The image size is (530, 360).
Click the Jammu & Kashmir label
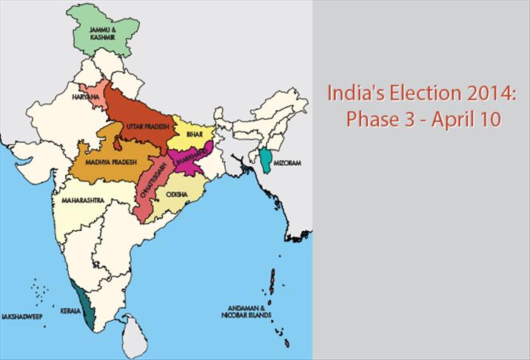click(x=101, y=33)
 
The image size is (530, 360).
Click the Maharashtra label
click(x=82, y=200)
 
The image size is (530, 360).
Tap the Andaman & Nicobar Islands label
click(x=250, y=312)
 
